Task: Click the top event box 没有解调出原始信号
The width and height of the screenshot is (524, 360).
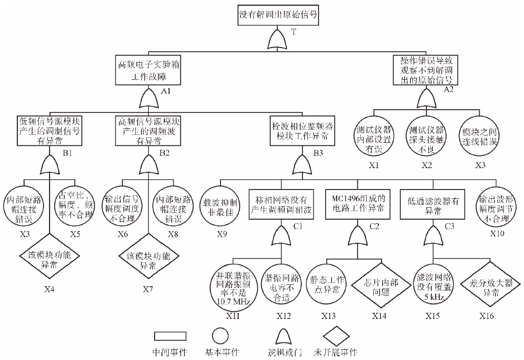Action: click(278, 15)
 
